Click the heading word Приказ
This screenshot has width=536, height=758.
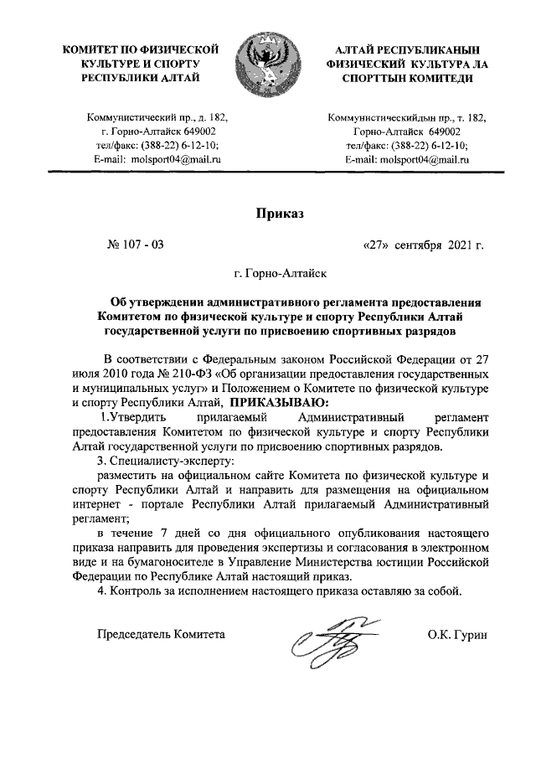click(279, 214)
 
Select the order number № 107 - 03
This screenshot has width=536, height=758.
click(137, 245)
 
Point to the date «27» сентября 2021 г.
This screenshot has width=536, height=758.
click(423, 245)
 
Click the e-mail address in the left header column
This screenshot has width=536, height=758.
click(157, 158)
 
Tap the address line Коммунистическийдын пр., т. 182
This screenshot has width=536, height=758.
click(407, 118)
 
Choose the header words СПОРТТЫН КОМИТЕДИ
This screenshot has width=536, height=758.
click(406, 78)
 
